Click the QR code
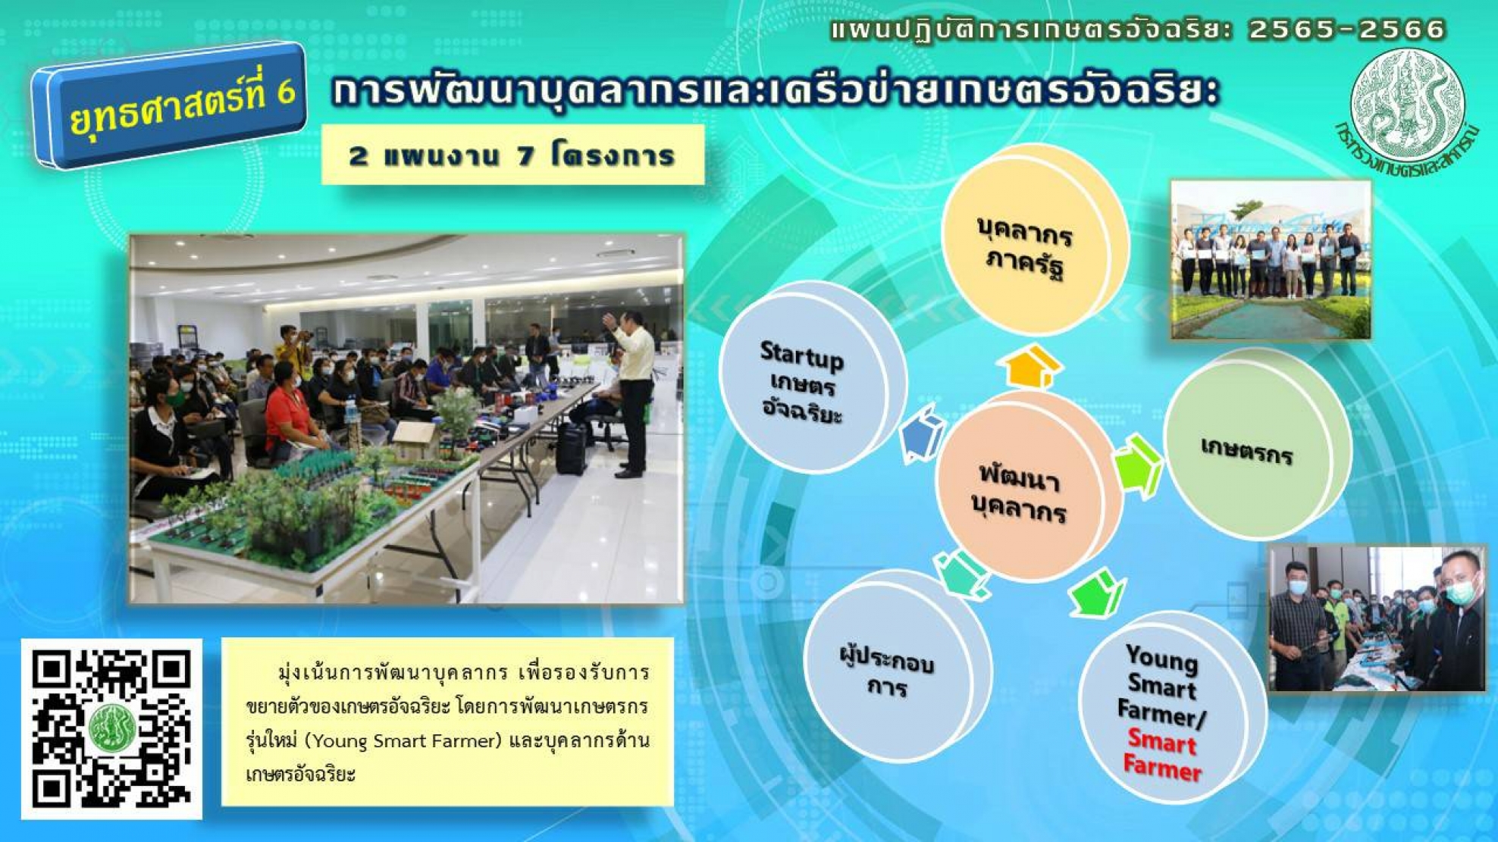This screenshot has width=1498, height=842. click(111, 729)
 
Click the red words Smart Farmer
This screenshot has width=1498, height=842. click(1162, 755)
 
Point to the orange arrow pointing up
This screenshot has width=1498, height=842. click(1033, 367)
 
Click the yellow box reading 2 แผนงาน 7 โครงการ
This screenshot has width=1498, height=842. click(512, 155)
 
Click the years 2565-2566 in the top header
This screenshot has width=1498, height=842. click(1346, 30)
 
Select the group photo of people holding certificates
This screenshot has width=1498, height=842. click(1271, 260)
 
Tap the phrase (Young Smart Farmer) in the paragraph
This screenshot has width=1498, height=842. click(406, 740)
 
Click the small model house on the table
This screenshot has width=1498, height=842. click(414, 442)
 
